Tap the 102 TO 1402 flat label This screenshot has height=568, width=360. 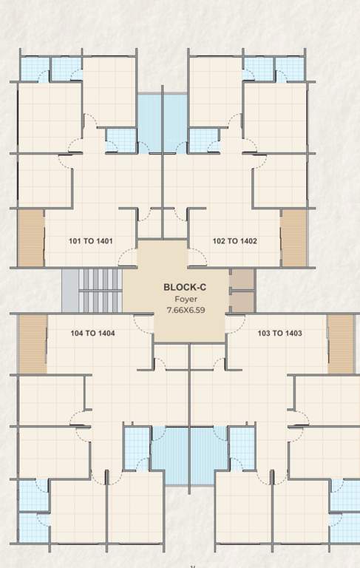tap(235, 241)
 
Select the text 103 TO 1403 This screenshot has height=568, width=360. tap(279, 334)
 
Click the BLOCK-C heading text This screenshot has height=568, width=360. tap(185, 287)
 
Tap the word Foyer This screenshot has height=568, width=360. tap(185, 299)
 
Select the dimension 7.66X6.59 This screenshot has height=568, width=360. tap(185, 311)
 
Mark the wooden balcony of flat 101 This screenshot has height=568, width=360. tap(31, 238)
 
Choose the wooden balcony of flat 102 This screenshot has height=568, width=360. tap(293, 238)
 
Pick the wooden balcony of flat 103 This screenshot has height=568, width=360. tap(341, 344)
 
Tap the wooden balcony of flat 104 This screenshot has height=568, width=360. tap(33, 344)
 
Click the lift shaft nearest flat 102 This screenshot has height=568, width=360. tap(242, 279)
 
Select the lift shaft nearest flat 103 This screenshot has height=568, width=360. tap(242, 301)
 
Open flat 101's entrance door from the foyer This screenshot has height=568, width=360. tap(128, 257)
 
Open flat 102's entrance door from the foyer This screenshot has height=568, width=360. tap(197, 257)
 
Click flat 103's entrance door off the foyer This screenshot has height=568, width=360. tap(235, 322)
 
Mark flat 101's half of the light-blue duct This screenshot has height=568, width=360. tap(150, 123)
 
